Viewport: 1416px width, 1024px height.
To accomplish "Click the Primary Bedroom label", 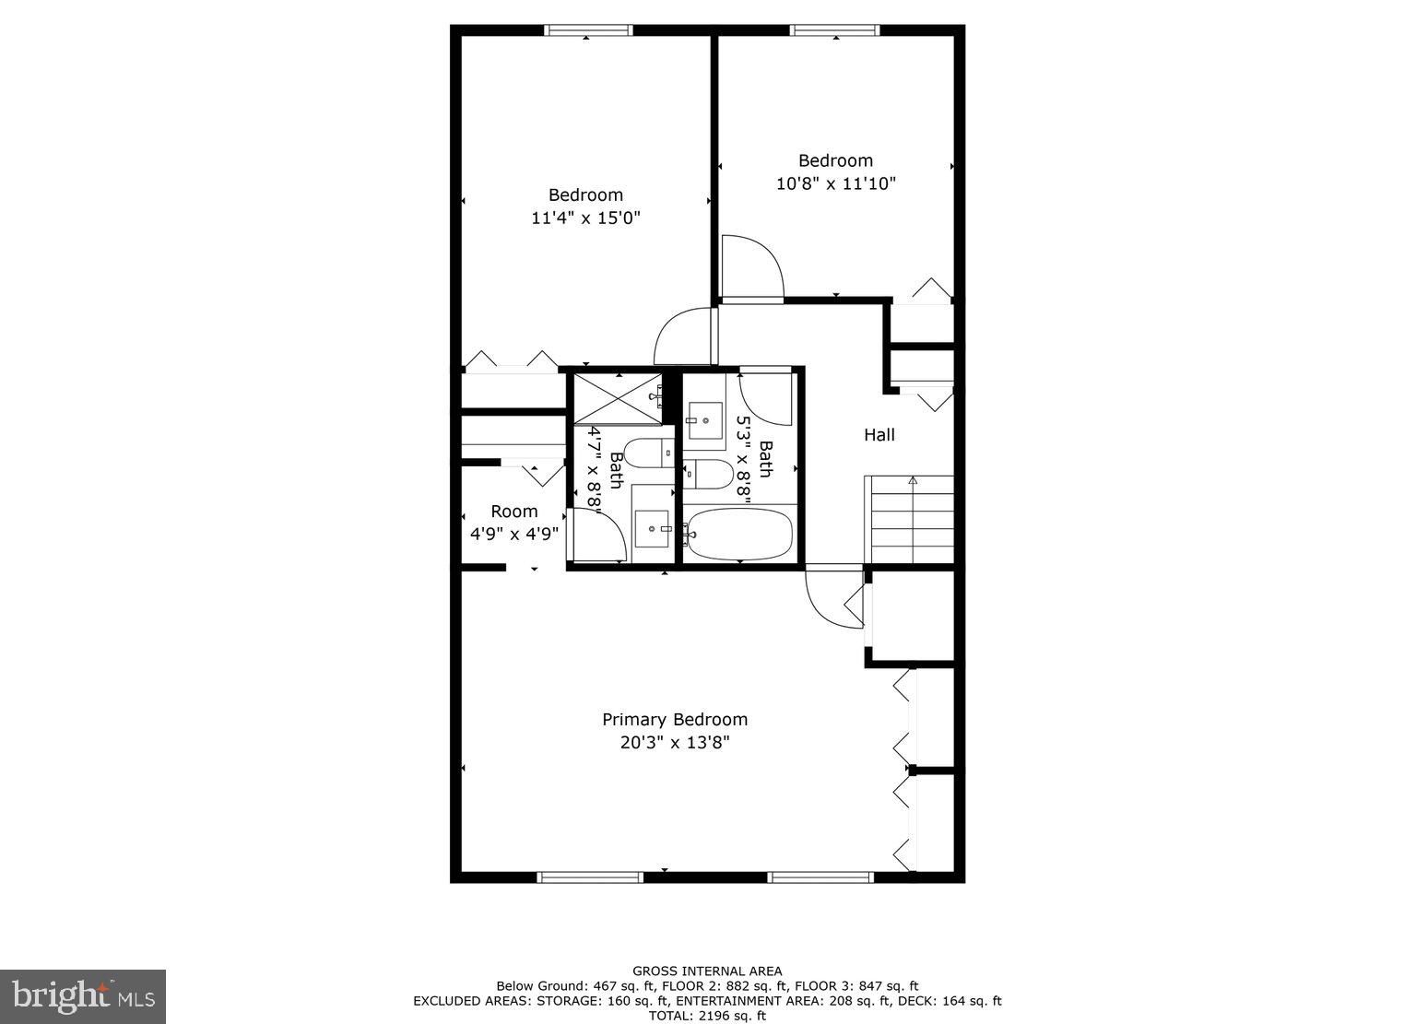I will [x=675, y=719].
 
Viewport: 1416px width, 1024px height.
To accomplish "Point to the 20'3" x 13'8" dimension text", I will [x=675, y=743].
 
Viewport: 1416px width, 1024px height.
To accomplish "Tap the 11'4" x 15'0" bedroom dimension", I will [x=585, y=218].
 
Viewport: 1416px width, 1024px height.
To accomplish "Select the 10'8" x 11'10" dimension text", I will [x=835, y=183].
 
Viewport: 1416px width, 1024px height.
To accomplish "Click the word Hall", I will [x=879, y=435].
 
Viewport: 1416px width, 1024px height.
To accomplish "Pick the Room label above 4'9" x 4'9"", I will [x=513, y=512].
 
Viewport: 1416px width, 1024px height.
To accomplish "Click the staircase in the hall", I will [x=912, y=520].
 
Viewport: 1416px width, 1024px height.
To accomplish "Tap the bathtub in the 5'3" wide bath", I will [x=740, y=535].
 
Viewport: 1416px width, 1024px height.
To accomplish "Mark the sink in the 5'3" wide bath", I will [x=705, y=420].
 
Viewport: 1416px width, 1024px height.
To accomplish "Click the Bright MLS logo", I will [x=82, y=996].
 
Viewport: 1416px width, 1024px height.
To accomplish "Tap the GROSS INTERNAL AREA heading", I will [x=707, y=971].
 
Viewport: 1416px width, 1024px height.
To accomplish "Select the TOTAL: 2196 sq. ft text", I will [x=707, y=1016].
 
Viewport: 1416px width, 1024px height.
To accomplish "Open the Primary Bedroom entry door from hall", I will [x=833, y=599].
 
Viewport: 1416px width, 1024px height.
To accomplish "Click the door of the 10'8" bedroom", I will [x=751, y=269].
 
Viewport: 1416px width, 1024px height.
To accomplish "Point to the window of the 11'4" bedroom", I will [x=588, y=30].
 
